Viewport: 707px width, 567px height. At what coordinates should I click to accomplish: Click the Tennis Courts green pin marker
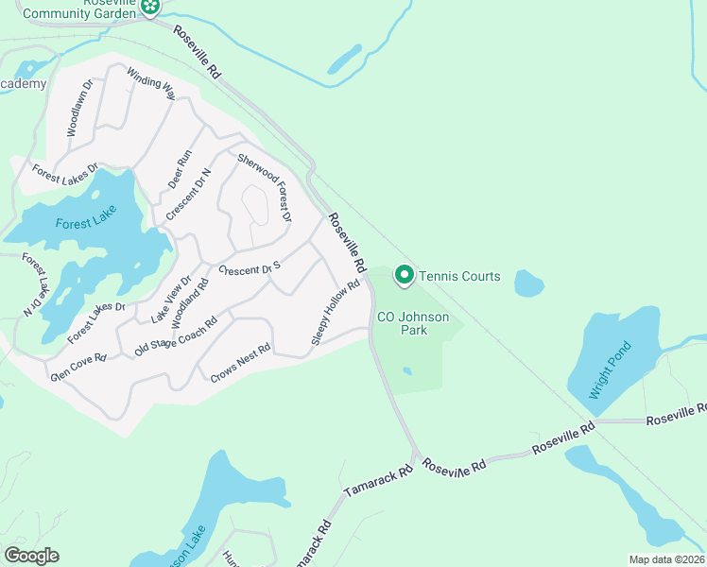404,275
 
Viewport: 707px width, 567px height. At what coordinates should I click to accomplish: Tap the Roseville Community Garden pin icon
149,8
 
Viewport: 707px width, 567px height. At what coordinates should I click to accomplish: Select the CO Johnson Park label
413,323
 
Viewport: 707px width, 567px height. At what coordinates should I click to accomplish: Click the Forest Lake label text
83,224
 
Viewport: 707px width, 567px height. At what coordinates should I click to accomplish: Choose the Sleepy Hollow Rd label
336,312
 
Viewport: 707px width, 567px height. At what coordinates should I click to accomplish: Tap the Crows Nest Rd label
240,362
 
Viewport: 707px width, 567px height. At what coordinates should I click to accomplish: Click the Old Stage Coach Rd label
176,335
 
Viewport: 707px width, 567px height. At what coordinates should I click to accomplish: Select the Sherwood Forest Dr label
265,188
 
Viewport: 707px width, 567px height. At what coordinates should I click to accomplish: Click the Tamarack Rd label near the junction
378,482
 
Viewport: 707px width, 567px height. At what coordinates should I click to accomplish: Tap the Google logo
31,556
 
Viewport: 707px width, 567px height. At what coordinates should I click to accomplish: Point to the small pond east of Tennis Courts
529,283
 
